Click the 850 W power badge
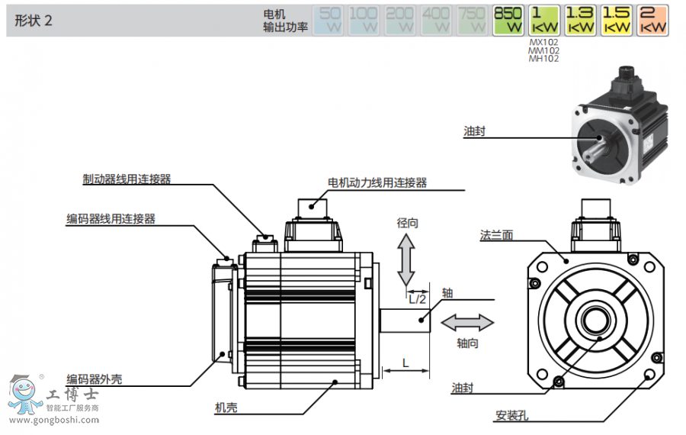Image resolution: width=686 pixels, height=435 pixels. coord(508,20)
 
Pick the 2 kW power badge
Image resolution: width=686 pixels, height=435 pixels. coord(652,20)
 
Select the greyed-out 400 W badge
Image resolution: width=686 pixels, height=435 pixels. coord(436,20)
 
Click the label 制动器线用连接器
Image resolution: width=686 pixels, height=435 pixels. coord(127,179)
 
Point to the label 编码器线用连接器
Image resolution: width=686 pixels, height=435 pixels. coord(111,219)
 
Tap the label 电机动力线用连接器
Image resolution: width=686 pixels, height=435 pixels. coord(377,182)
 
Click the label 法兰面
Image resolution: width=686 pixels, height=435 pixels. coord(496,235)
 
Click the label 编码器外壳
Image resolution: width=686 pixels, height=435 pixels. coord(94,379)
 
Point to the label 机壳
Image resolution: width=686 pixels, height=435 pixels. coord(226,408)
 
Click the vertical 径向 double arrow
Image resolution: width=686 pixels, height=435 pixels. coord(407,259)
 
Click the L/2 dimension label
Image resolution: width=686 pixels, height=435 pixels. coord(417,299)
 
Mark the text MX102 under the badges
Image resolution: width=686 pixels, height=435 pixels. coord(543,43)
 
